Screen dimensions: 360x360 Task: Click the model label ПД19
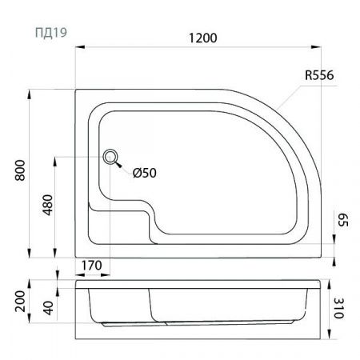click(x=51, y=33)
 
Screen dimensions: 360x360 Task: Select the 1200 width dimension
click(x=203, y=38)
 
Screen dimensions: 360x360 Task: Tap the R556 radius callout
click(x=319, y=75)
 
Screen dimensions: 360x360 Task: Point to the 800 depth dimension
click(x=20, y=170)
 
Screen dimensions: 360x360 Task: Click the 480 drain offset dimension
click(x=48, y=205)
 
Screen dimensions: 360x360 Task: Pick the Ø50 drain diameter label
click(x=145, y=173)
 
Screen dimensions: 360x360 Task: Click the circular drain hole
click(x=110, y=157)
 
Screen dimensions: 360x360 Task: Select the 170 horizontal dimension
click(x=91, y=266)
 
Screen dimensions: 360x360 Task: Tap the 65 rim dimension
click(x=342, y=220)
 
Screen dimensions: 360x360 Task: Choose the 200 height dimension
click(x=20, y=302)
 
